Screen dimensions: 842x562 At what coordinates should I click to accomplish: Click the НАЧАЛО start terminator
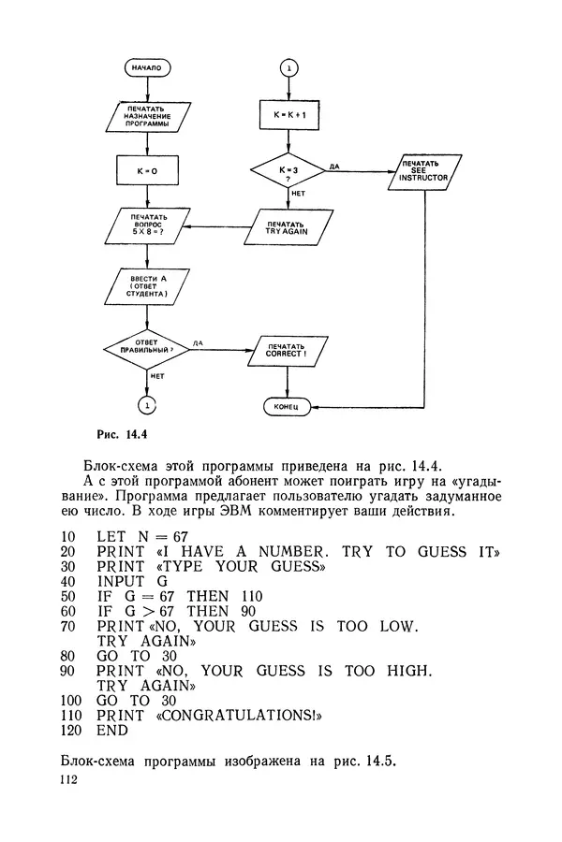(147, 68)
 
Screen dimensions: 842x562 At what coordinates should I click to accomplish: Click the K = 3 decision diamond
(288, 171)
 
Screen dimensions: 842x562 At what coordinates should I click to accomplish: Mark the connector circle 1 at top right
(288, 68)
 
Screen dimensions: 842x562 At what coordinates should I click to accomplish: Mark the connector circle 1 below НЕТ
(147, 404)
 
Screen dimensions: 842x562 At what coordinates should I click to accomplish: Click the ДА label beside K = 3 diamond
(334, 165)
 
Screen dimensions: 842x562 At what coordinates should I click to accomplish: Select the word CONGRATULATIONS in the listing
(245, 716)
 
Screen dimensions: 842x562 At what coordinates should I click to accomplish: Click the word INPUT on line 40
(121, 580)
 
